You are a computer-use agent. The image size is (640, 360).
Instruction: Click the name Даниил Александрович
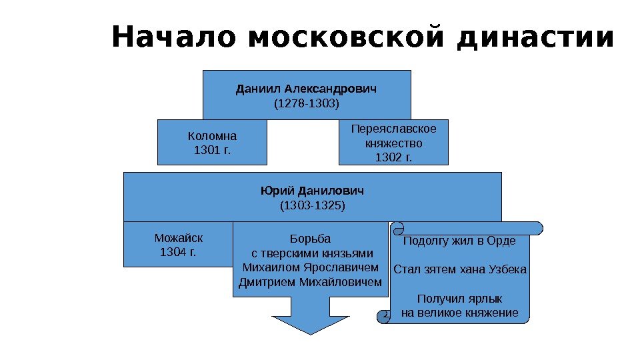click(x=307, y=89)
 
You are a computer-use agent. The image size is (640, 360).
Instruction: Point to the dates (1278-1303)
click(x=307, y=105)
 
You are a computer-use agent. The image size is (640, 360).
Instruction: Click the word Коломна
click(x=212, y=136)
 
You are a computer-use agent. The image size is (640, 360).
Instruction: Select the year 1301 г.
click(x=212, y=150)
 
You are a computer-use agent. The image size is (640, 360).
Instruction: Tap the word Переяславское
click(x=393, y=129)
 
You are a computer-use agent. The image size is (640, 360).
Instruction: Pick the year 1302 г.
click(x=393, y=158)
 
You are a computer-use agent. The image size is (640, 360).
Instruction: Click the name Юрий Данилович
click(x=312, y=191)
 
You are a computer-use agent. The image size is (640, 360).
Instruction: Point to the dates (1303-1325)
click(x=312, y=206)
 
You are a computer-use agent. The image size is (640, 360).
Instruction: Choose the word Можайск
click(x=178, y=237)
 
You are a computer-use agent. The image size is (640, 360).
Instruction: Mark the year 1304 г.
click(x=178, y=252)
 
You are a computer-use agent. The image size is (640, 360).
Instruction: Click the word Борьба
click(x=310, y=238)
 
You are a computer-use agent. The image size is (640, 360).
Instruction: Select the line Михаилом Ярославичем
click(x=310, y=267)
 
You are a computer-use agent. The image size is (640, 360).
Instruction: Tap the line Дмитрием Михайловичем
click(x=310, y=282)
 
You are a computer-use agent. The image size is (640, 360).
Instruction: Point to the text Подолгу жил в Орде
click(x=460, y=241)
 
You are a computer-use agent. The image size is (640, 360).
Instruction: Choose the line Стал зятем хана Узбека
click(x=460, y=270)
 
